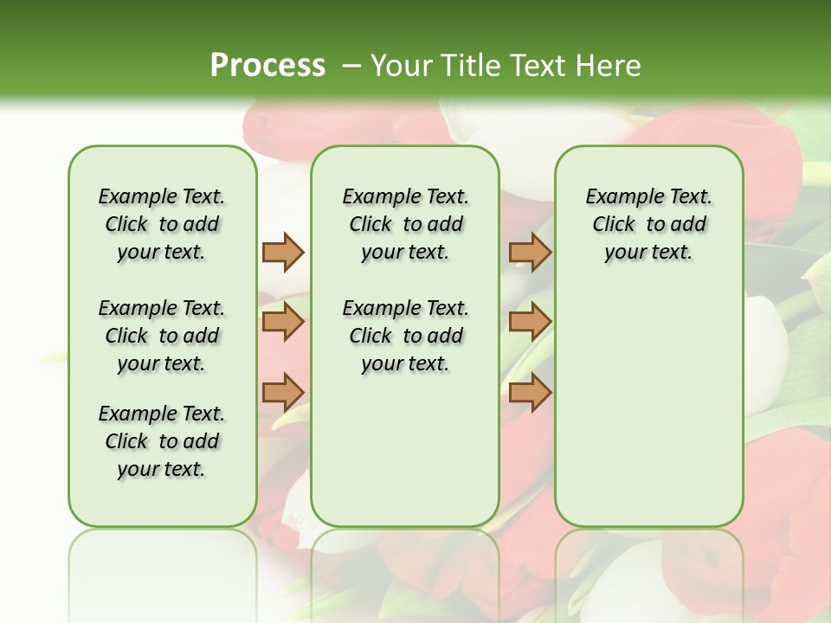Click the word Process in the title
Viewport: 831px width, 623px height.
click(267, 66)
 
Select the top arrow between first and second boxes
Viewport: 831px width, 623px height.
click(283, 252)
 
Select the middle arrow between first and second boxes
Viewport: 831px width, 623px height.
click(283, 323)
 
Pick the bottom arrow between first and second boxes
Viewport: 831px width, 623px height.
click(283, 392)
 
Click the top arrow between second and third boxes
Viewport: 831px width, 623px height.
click(530, 252)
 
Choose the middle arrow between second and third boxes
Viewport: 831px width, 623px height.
click(530, 323)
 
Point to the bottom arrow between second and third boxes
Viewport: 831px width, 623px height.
click(530, 392)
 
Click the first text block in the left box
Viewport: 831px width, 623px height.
click(162, 224)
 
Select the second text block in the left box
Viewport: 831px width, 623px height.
click(162, 336)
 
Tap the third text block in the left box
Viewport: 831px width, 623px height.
click(162, 441)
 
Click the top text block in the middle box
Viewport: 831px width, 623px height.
click(405, 224)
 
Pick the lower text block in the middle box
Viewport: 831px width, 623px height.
click(405, 336)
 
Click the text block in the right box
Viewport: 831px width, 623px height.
click(648, 224)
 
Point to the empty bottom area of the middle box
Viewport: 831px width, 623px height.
click(405, 459)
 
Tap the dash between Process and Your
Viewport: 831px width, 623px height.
click(351, 66)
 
